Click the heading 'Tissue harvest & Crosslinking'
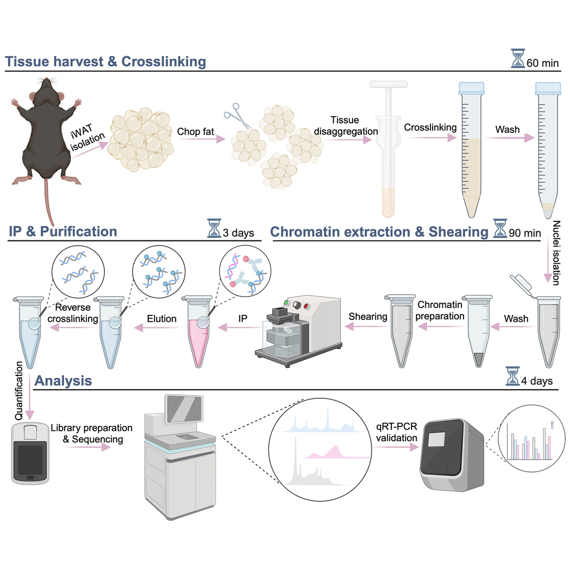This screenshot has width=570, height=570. [x=106, y=61]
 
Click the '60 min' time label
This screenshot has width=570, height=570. [x=543, y=62]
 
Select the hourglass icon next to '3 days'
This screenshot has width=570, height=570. [x=215, y=230]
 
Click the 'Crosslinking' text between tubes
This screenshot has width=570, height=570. [x=430, y=128]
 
